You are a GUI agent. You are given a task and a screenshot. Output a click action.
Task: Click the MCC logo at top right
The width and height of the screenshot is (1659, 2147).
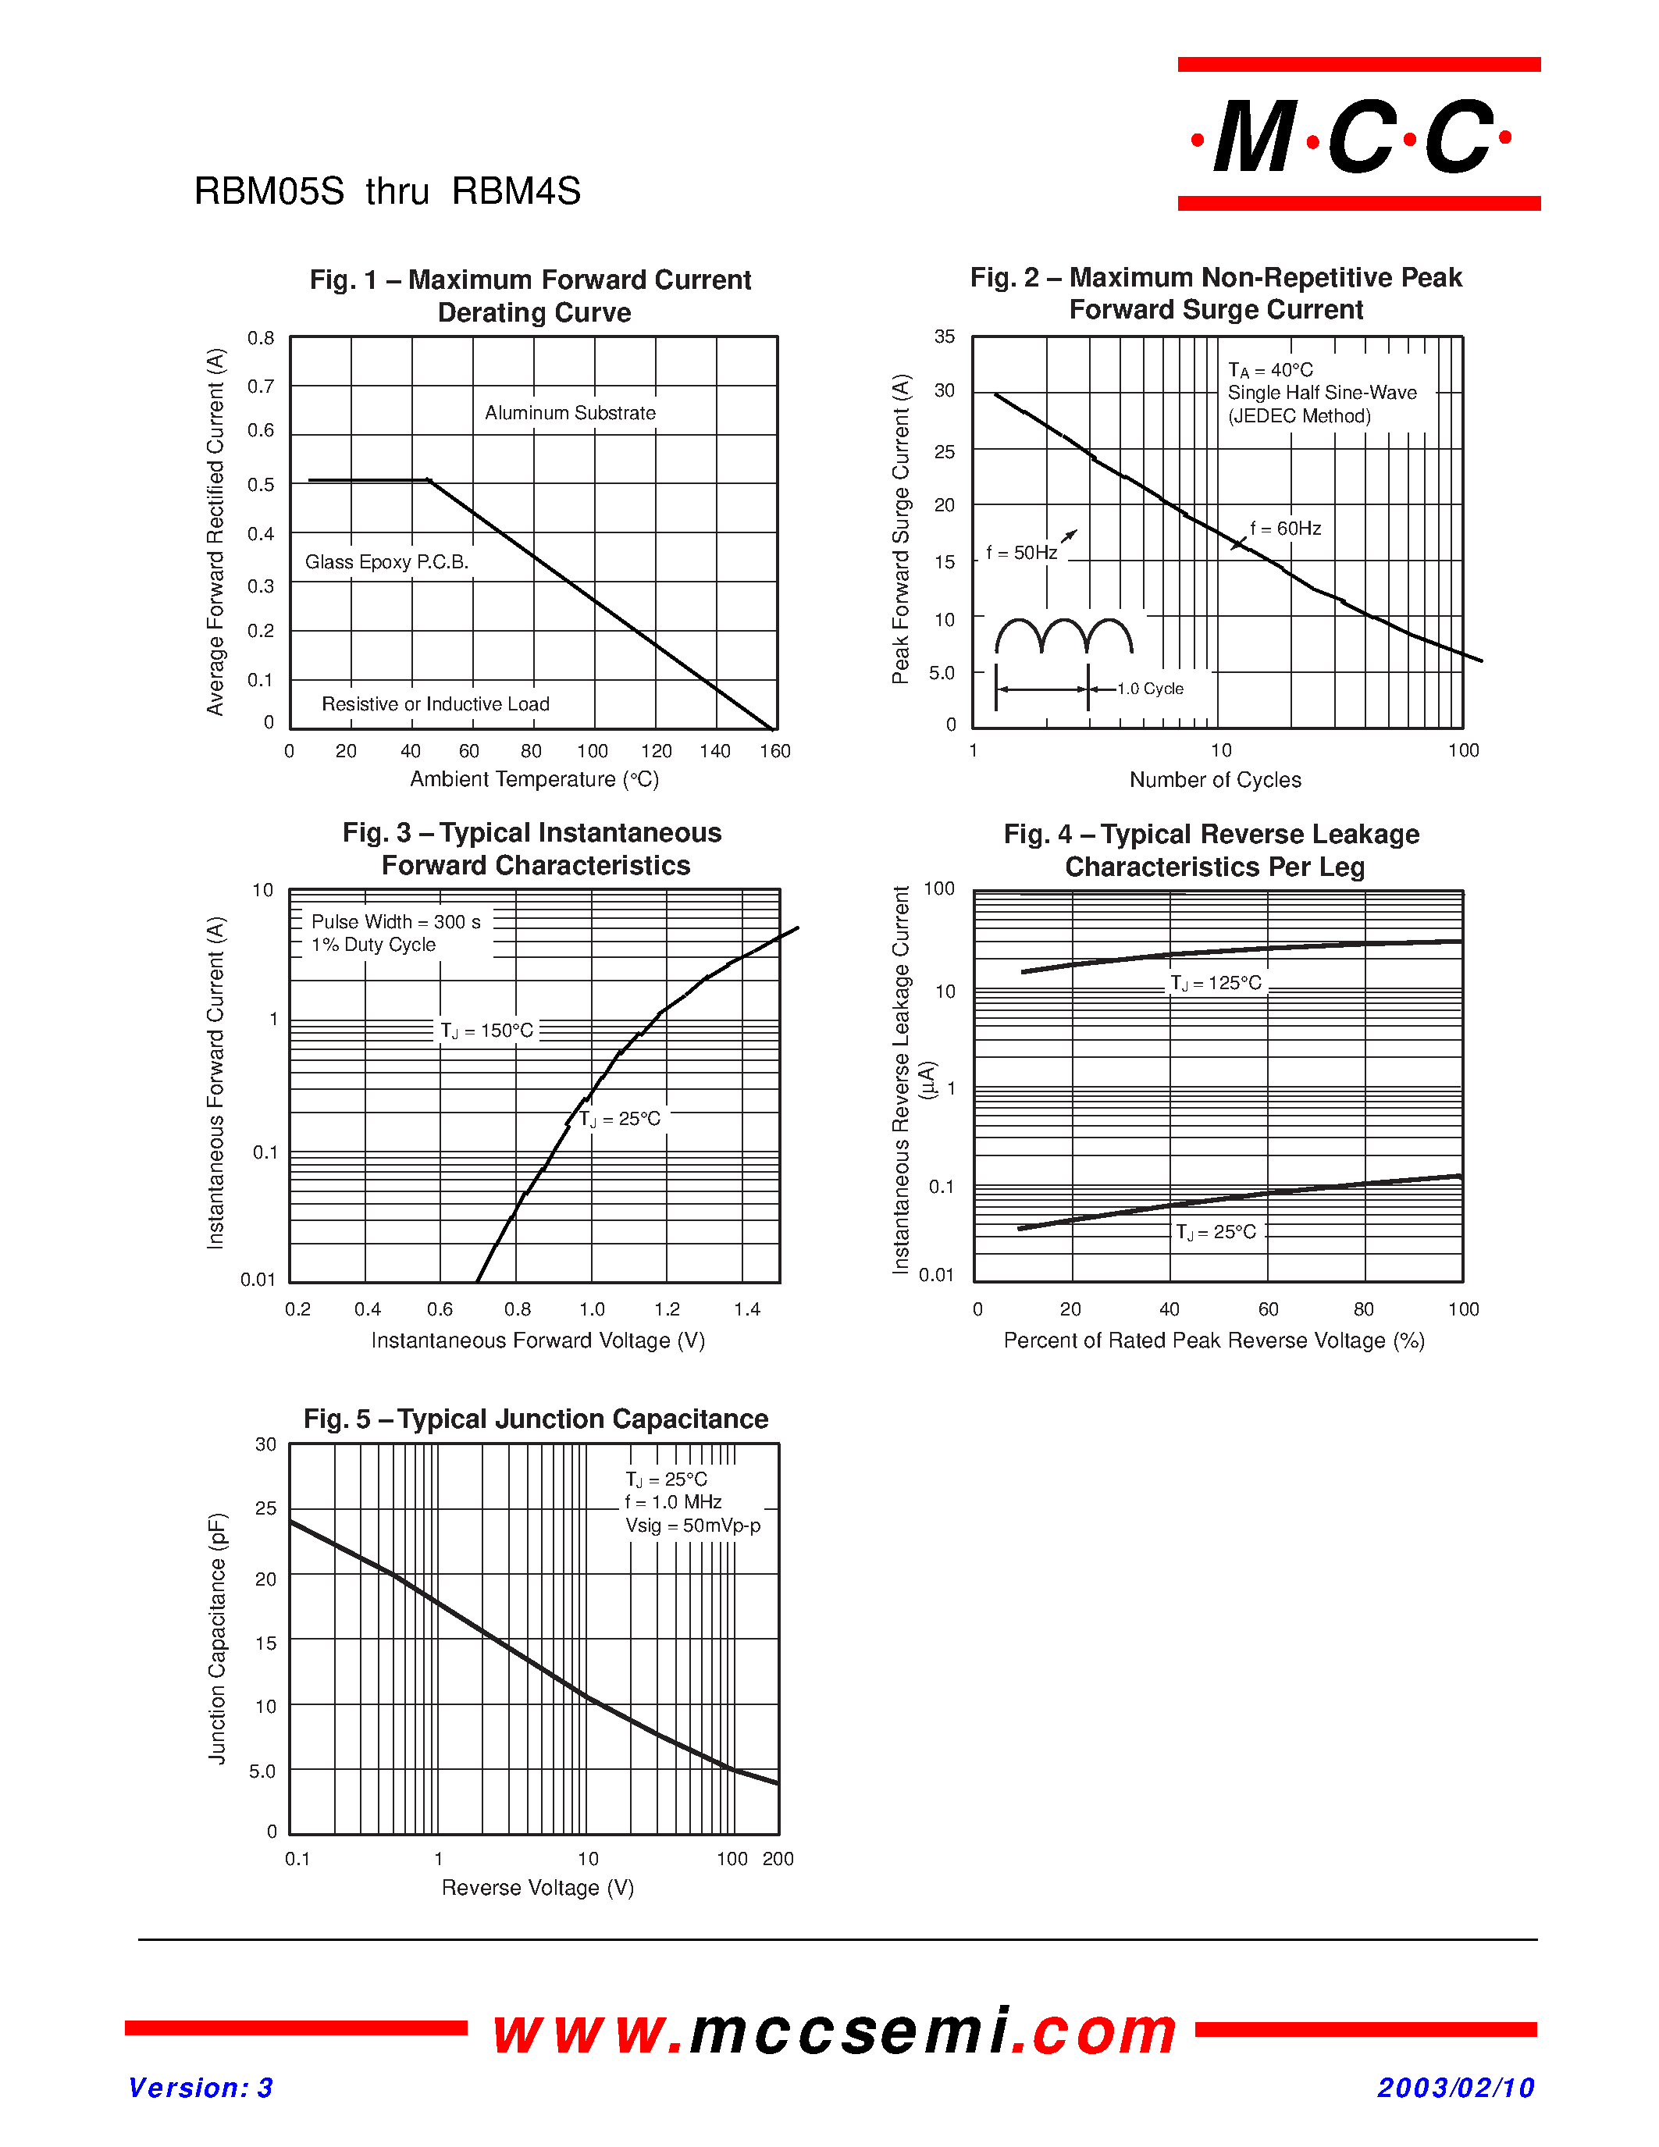pos(1358,136)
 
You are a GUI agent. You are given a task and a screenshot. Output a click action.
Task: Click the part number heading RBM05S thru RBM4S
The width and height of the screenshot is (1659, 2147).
pos(387,190)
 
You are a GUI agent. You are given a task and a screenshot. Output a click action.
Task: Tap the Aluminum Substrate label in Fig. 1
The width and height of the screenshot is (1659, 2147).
pos(570,413)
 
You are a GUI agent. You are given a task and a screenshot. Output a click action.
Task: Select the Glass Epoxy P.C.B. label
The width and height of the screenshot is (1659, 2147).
pos(386,561)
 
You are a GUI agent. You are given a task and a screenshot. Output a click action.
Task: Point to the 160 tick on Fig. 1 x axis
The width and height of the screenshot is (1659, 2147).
pos(774,751)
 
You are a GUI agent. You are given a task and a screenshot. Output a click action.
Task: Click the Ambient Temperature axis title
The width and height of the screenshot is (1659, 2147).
pos(534,780)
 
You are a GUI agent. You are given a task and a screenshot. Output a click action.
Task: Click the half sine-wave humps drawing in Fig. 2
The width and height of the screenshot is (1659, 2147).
pos(1063,637)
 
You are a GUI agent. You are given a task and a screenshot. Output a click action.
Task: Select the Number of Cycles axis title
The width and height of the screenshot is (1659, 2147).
pos(1215,780)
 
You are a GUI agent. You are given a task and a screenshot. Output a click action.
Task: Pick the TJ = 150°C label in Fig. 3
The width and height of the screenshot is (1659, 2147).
pos(486,1031)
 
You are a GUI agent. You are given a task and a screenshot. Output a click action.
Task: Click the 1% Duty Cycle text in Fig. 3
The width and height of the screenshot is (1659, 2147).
pos(373,945)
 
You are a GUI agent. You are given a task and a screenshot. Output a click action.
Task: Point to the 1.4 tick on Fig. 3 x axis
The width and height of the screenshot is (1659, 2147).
pos(747,1309)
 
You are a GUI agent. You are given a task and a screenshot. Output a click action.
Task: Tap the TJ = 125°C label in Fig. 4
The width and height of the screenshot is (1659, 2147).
pos(1216,983)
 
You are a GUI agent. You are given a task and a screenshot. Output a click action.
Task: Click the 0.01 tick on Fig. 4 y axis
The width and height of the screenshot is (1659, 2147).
pos(935,1275)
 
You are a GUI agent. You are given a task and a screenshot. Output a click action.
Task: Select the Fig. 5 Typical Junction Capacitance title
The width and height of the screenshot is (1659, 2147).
pos(536,1419)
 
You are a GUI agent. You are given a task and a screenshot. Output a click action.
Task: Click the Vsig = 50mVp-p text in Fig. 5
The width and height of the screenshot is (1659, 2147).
pos(693,1526)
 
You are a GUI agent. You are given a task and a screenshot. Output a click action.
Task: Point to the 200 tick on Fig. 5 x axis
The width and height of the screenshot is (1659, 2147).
pos(778,1859)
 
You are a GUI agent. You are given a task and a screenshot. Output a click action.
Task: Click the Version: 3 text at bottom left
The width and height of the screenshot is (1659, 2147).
pos(201,2087)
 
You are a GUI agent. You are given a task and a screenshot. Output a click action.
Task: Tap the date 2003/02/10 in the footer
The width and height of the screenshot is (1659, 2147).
pos(1455,2087)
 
